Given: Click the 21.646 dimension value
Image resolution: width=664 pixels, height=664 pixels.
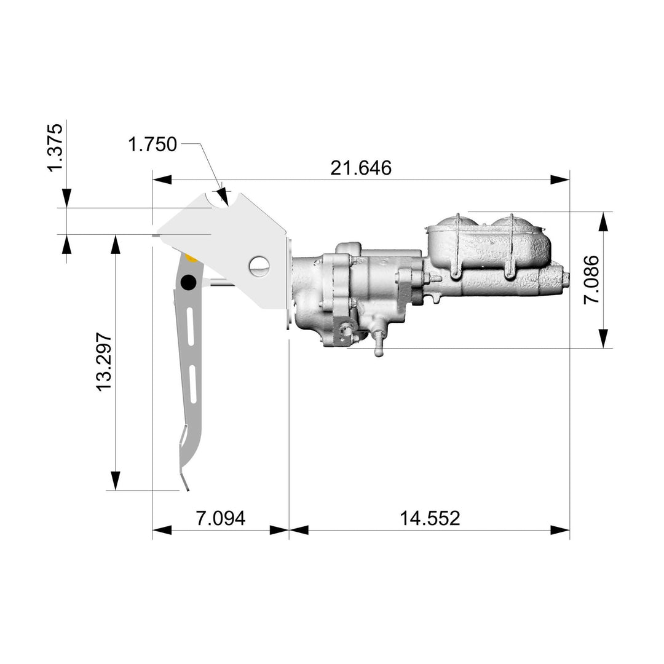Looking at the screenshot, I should (x=360, y=168).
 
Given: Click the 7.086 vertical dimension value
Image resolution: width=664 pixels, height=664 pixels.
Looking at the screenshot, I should (x=592, y=280).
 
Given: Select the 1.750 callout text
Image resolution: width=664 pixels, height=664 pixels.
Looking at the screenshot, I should (x=152, y=144).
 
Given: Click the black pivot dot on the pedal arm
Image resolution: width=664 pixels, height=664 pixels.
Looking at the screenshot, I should (x=188, y=282).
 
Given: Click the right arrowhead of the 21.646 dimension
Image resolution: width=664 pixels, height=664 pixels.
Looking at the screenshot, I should (x=560, y=180).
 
